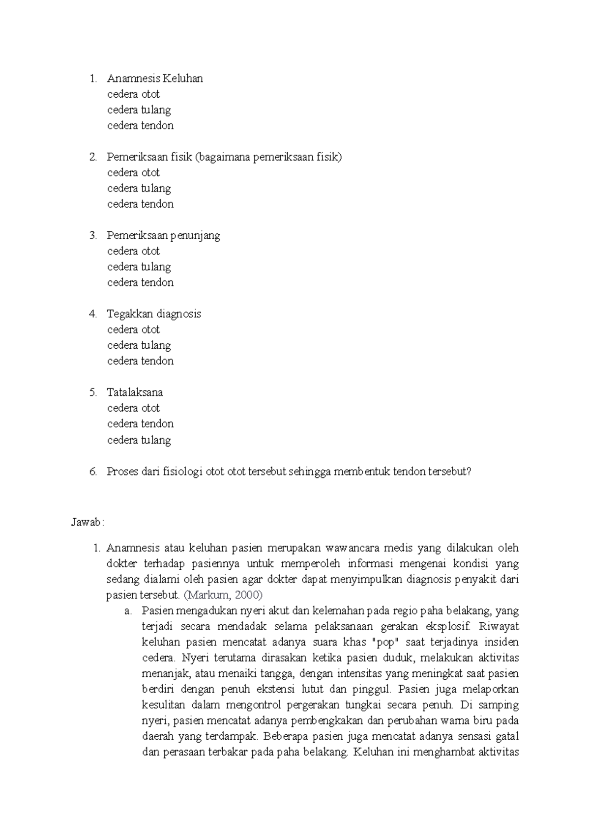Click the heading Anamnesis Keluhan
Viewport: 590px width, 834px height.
click(155, 79)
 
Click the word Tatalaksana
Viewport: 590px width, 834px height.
click(135, 392)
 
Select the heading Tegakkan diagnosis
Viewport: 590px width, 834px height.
click(154, 314)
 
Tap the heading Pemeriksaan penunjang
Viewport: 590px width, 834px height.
click(163, 236)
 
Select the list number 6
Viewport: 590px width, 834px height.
click(93, 472)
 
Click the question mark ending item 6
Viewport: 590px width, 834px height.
click(469, 472)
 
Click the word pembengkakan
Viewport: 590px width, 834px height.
click(327, 721)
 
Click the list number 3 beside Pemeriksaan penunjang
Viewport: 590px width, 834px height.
click(93, 236)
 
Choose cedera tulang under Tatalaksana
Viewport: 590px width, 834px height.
click(139, 440)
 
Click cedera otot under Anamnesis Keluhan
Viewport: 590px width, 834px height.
click(134, 94)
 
